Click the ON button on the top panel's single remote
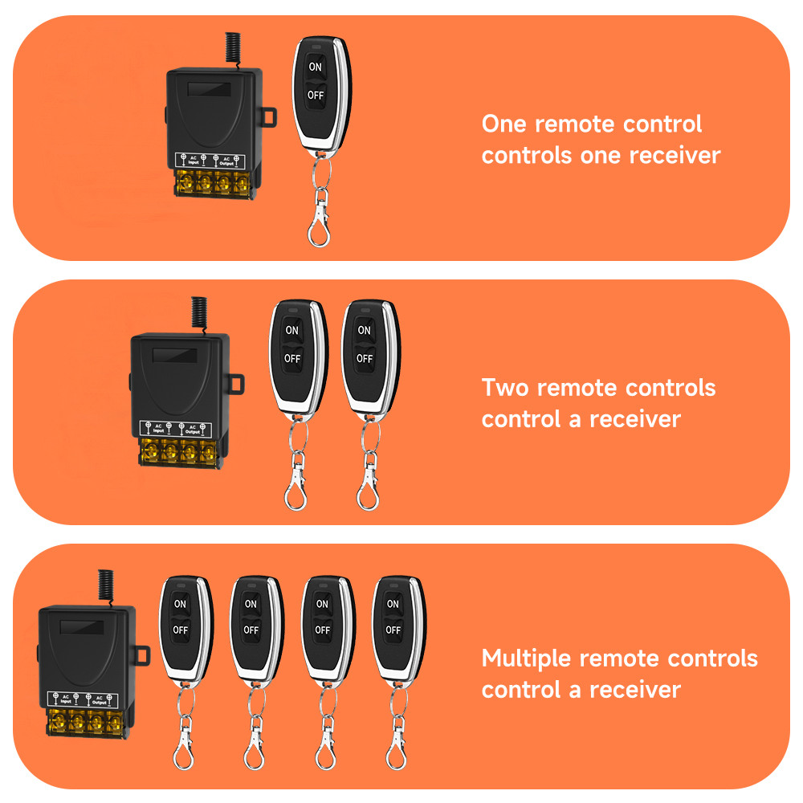[x=315, y=67]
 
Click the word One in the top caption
[x=504, y=124]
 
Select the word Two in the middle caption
[x=505, y=388]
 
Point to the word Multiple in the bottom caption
[x=527, y=659]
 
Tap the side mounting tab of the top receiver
[x=268, y=118]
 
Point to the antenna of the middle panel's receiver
[x=198, y=313]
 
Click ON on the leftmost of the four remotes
[x=180, y=604]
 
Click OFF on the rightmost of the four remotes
[x=393, y=630]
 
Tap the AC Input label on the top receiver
[x=193, y=160]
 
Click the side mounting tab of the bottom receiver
[x=141, y=655]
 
